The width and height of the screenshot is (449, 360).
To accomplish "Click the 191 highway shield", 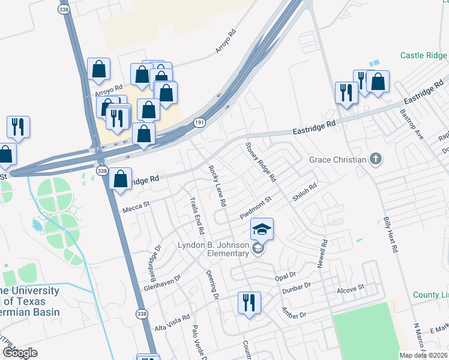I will tap(199, 122).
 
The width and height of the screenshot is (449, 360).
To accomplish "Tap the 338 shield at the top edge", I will tap(64, 10).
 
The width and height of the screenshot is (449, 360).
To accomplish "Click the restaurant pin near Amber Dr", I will tap(249, 303).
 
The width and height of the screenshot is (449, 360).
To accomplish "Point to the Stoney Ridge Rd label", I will tap(261, 162).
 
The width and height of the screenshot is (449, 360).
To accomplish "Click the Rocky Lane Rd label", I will tap(217, 185).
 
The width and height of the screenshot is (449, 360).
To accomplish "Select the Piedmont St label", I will tap(256, 207).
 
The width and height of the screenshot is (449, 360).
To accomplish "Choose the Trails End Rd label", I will tap(197, 215).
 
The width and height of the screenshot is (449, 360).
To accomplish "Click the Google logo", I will tap(19, 353).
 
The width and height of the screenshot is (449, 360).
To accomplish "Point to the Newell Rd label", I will tap(324, 254).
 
